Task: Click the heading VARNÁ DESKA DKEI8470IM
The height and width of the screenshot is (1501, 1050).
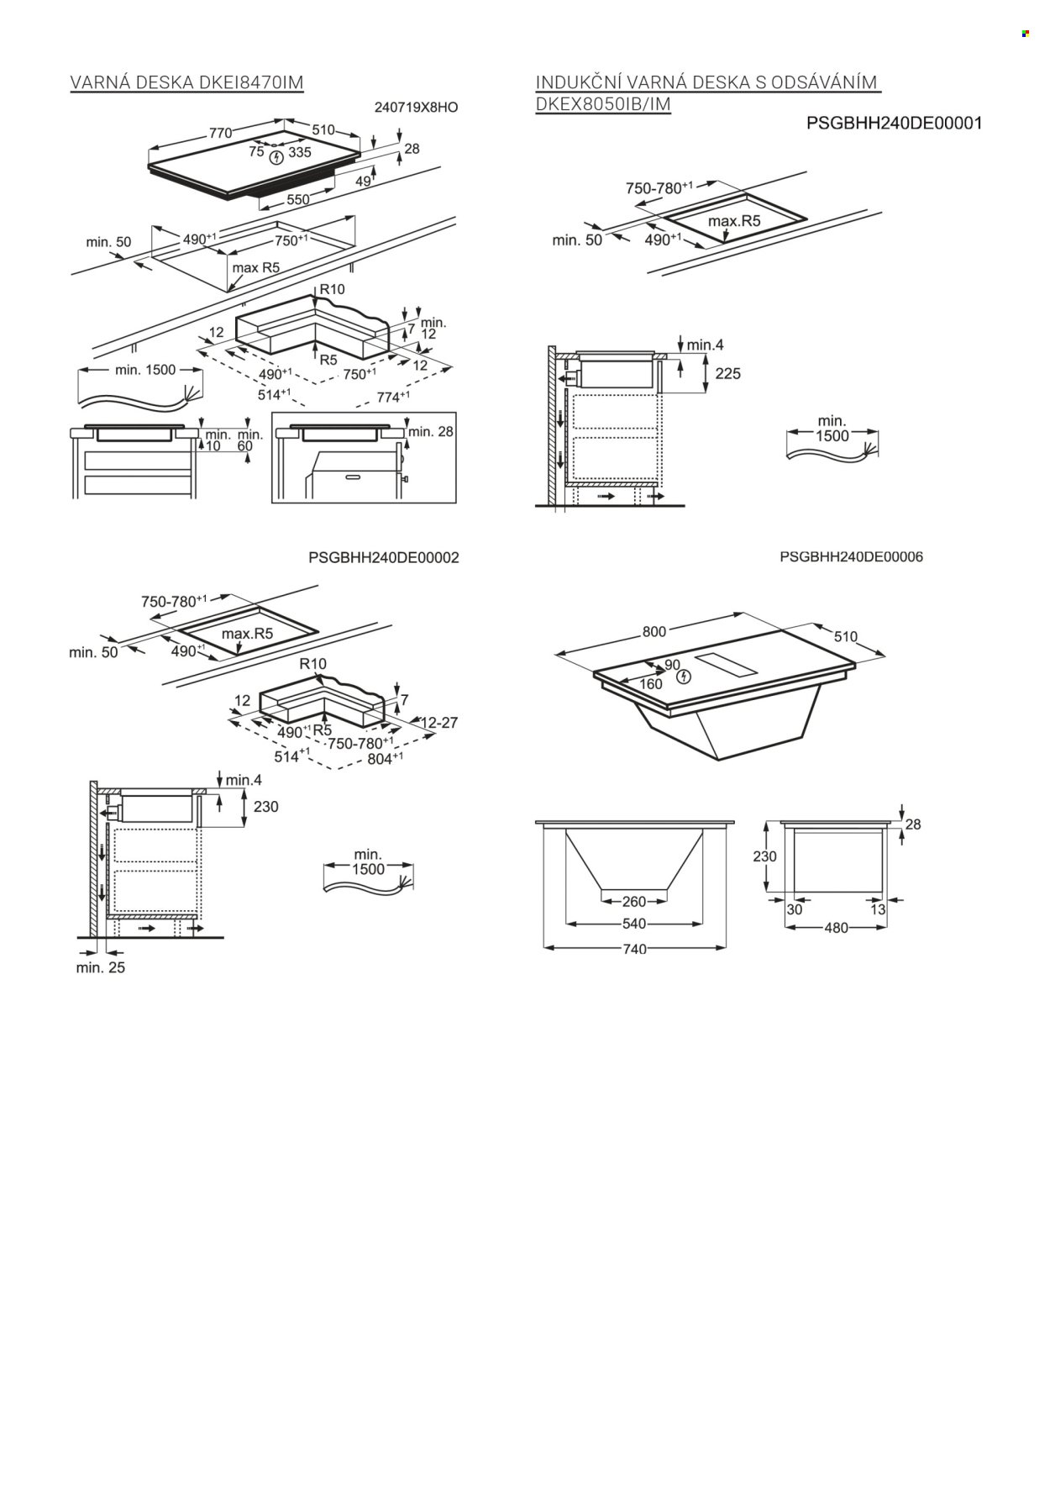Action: click(186, 82)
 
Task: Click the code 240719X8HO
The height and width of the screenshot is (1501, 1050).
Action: click(416, 108)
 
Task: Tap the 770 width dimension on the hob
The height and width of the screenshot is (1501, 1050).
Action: click(220, 133)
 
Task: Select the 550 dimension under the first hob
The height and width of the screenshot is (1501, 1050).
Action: click(298, 199)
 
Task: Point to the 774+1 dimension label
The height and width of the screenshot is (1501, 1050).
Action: click(392, 397)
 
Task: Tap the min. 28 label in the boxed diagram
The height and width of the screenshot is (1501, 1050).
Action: click(431, 431)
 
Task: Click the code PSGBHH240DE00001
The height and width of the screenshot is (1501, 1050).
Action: click(894, 124)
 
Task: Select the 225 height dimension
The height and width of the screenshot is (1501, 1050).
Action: click(727, 373)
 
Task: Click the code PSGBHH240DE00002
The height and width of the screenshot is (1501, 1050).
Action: click(384, 557)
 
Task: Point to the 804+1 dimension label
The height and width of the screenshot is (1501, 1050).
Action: click(386, 758)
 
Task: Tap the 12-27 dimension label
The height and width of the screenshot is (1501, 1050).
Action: click(438, 722)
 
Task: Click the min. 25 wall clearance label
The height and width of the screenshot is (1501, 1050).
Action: click(100, 967)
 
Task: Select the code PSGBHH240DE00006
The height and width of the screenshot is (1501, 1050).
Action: click(851, 556)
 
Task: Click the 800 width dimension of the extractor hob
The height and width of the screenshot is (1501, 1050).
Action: click(654, 632)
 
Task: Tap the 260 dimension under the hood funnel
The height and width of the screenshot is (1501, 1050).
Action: click(634, 902)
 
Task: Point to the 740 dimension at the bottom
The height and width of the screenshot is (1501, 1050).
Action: click(634, 949)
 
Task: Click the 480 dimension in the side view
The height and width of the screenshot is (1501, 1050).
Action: click(836, 928)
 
